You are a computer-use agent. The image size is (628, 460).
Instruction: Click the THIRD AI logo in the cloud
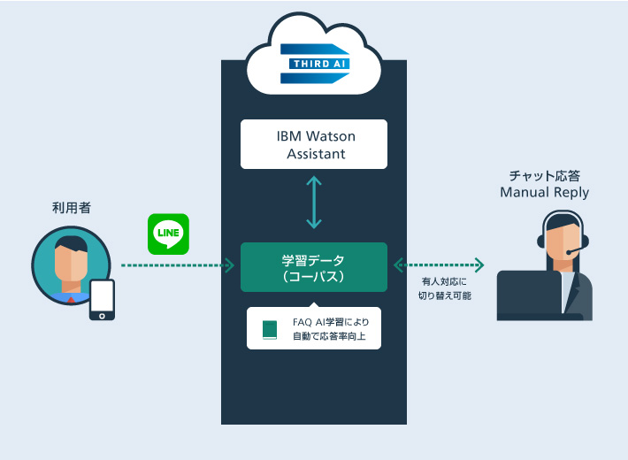pyautogui.click(x=314, y=64)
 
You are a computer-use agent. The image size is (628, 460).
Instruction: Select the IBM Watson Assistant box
pyautogui.click(x=314, y=144)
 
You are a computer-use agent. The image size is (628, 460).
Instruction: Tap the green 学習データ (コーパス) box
pyautogui.click(x=314, y=267)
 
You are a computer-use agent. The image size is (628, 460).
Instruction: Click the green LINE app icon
pyautogui.click(x=168, y=234)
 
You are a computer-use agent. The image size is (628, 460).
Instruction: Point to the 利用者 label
pyautogui.click(x=72, y=208)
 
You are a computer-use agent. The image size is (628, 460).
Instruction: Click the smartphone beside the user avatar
pyautogui.click(x=103, y=299)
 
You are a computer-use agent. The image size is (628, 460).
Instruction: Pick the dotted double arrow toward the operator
pyautogui.click(x=440, y=264)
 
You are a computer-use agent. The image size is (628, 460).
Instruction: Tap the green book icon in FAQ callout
pyautogui.click(x=269, y=330)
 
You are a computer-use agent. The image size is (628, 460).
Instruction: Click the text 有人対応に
pyautogui.click(x=443, y=282)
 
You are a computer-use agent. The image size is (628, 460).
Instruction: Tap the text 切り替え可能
pyautogui.click(x=444, y=296)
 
